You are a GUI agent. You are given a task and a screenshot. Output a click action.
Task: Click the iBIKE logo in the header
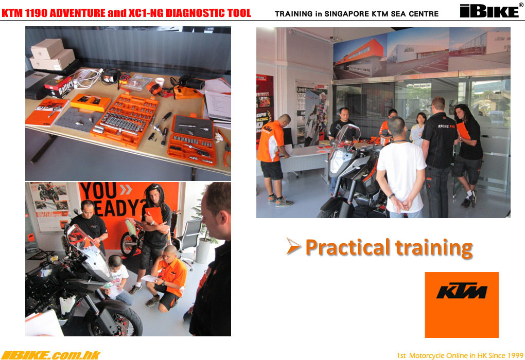point(489,11)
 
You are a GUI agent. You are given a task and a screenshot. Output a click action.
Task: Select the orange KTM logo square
point(462,305)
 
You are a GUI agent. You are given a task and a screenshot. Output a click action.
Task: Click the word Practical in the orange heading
point(348,248)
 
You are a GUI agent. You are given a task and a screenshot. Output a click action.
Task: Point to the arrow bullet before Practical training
point(293,246)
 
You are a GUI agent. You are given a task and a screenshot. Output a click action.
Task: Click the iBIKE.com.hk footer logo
point(50,355)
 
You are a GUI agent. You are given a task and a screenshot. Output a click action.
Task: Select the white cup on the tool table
point(160,82)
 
